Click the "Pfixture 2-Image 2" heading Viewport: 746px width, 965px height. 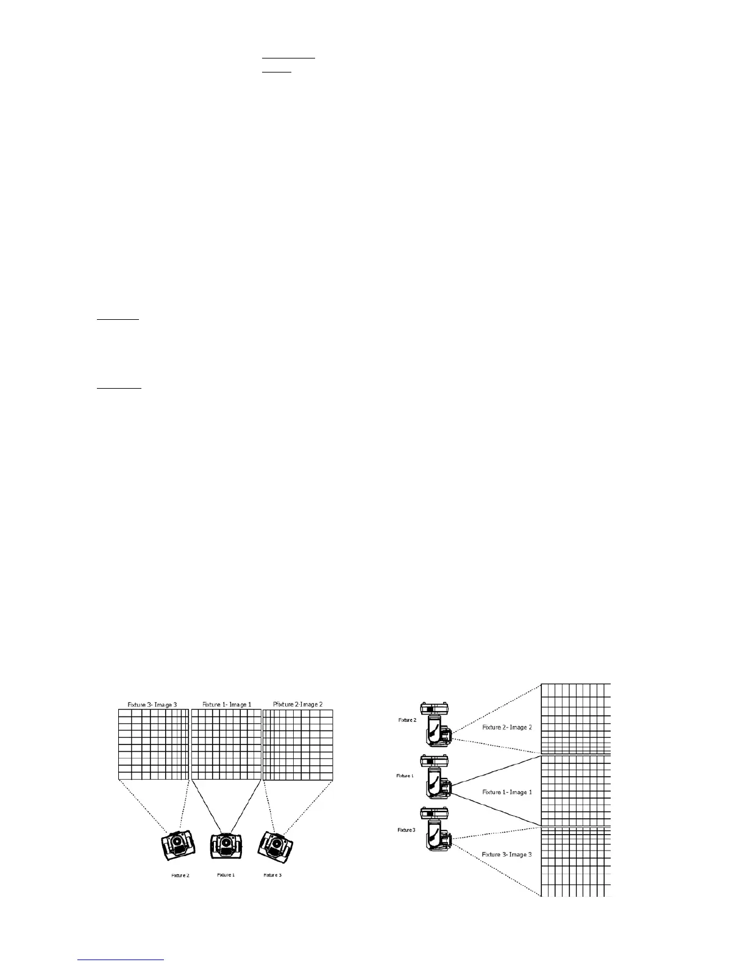pyautogui.click(x=298, y=704)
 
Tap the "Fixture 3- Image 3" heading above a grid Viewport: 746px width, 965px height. pyautogui.click(x=152, y=704)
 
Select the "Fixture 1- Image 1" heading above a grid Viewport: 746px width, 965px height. pyautogui.click(x=227, y=704)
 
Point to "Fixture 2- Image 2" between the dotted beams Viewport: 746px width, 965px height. pyautogui.click(x=507, y=727)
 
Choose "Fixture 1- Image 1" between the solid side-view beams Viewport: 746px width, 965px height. pyautogui.click(x=507, y=792)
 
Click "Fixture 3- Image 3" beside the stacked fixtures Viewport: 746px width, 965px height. pyautogui.click(x=507, y=854)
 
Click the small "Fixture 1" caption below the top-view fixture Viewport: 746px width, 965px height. pyautogui.click(x=226, y=875)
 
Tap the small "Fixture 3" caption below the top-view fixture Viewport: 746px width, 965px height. pyautogui.click(x=272, y=875)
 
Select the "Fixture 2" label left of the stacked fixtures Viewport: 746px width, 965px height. pyautogui.click(x=407, y=720)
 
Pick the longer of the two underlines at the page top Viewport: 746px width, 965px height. pyautogui.click(x=288, y=58)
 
